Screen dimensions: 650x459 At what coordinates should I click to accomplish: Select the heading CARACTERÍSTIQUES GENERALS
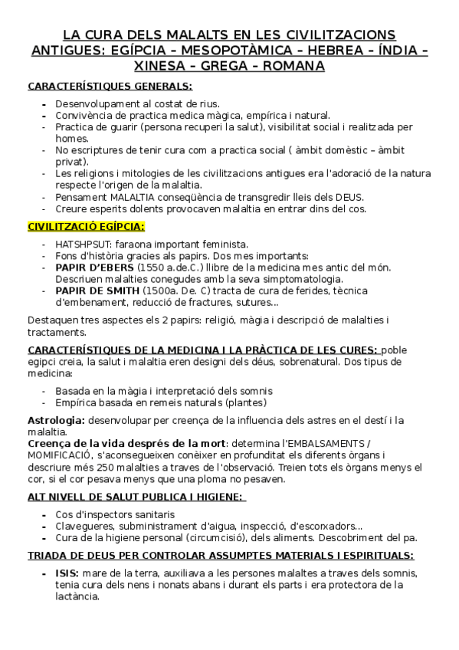110,87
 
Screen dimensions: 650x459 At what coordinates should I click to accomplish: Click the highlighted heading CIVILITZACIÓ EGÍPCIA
87,226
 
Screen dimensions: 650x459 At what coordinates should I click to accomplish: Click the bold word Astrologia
56,420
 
